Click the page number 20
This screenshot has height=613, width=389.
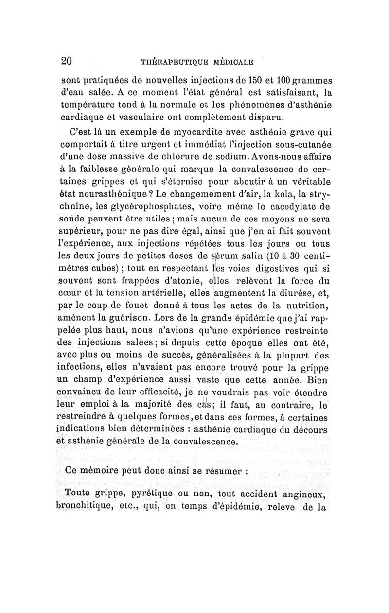pyautogui.click(x=67, y=61)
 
